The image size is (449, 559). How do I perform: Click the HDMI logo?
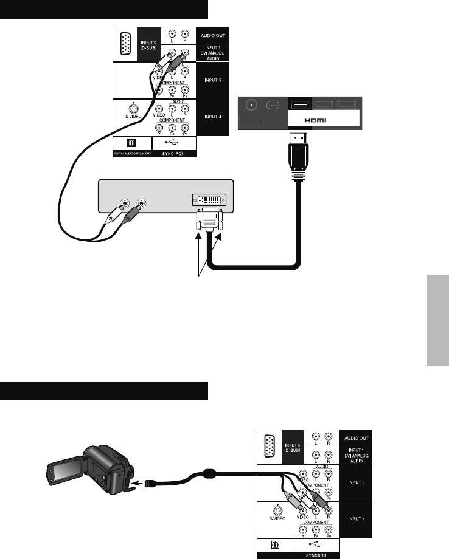tap(316, 120)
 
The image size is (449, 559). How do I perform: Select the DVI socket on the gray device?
tap(210, 199)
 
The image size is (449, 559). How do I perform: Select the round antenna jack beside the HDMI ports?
tap(249, 103)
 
